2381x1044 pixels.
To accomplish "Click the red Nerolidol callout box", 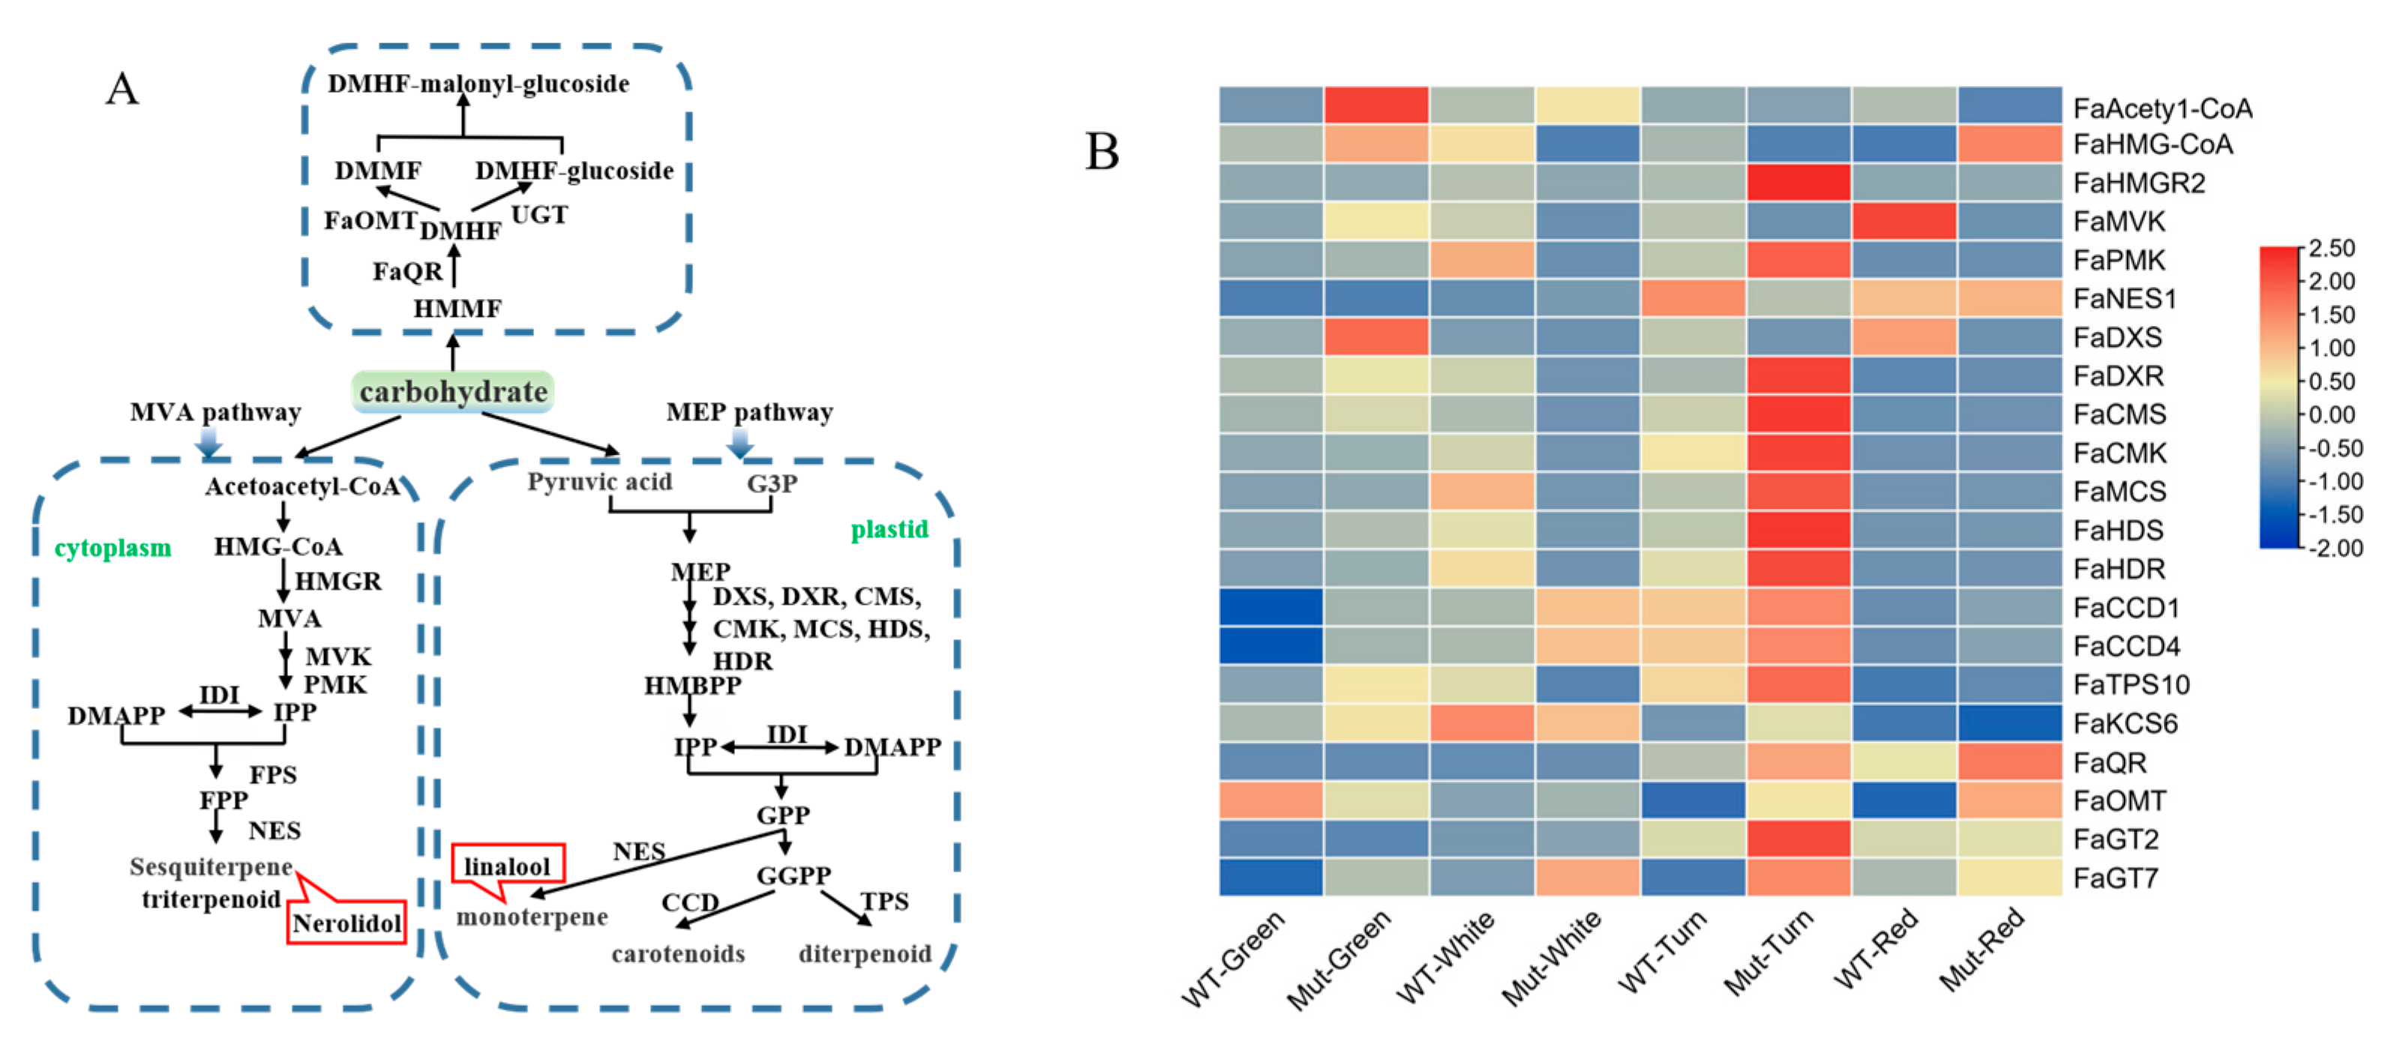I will click(x=346, y=923).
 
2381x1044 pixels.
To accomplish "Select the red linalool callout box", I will click(x=508, y=866).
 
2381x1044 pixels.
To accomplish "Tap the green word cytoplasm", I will click(x=112, y=548).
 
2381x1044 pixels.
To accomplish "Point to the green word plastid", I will click(x=889, y=528).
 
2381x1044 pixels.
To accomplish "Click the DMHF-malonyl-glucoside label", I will click(x=478, y=84).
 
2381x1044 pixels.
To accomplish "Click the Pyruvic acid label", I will click(x=600, y=481).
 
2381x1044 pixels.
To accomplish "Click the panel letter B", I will click(x=1102, y=151).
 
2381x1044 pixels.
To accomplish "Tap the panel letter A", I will click(x=122, y=90).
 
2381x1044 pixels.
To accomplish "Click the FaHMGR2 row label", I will click(x=2139, y=183).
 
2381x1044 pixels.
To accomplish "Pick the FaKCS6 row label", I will click(x=2125, y=723).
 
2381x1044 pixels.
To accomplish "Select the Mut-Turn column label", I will click(x=1769, y=952).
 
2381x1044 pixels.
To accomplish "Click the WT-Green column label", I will click(x=1234, y=957).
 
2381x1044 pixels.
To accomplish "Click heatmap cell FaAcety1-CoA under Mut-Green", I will click(x=1376, y=106).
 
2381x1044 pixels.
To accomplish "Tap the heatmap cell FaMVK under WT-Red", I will click(x=1903, y=221).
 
